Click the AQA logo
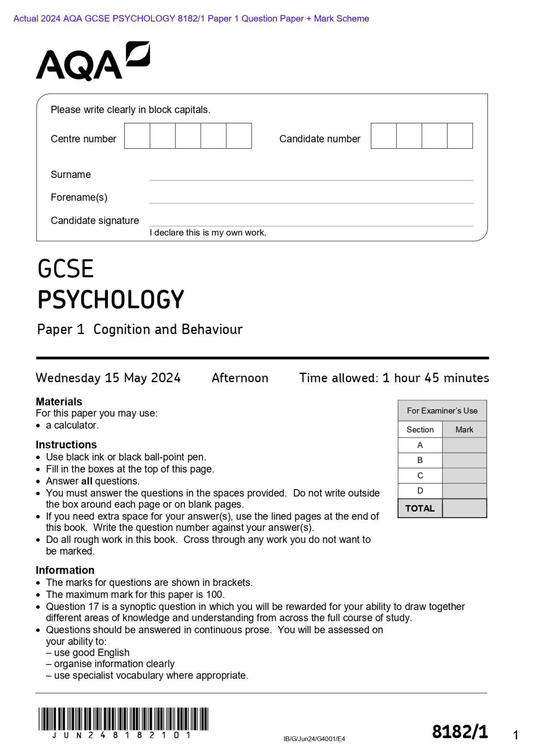[x=92, y=61]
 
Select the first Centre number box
[x=137, y=136]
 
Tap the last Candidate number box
[x=460, y=136]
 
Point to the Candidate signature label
[x=95, y=221]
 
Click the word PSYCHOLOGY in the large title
[x=111, y=299]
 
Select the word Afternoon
[x=240, y=378]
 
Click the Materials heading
[x=59, y=402]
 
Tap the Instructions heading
[x=66, y=445]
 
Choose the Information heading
[x=65, y=570]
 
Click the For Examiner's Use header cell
[x=442, y=411]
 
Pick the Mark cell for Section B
[x=464, y=460]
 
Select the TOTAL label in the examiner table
[x=420, y=508]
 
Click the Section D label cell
[x=420, y=491]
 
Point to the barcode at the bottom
[x=123, y=719]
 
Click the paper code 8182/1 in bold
[x=460, y=732]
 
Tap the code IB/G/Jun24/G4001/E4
[x=314, y=739]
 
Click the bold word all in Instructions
[x=87, y=481]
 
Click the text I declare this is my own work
[x=208, y=233]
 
